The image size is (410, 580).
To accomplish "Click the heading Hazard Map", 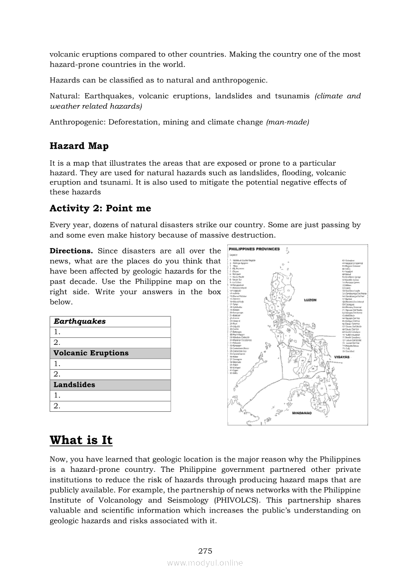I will [79, 146].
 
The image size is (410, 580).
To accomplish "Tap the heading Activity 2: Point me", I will [100, 208].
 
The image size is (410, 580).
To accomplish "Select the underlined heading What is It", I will [81, 440].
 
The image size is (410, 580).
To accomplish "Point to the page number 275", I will [205, 551].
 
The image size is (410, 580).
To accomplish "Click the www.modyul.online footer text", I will [205, 563].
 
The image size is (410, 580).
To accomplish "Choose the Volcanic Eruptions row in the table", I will [110, 353].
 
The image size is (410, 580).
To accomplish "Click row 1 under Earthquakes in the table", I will [110, 332].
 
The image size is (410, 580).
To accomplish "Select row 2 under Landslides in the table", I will [110, 406].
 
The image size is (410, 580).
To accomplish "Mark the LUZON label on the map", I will [309, 300].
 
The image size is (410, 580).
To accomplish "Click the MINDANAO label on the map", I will [301, 413].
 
